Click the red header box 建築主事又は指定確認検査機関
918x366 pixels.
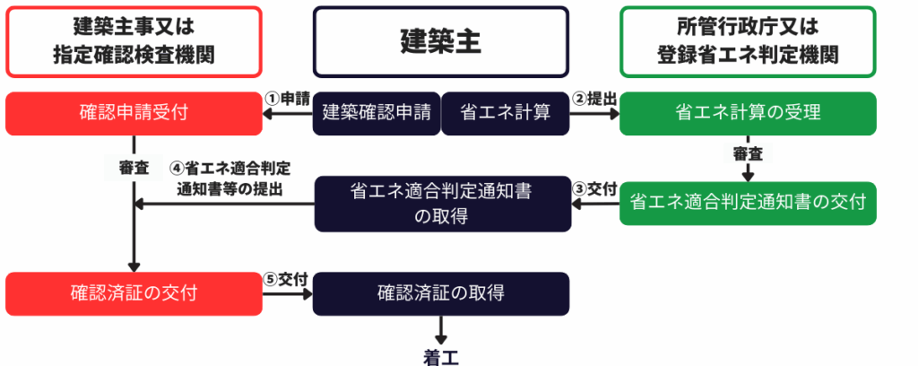tap(134, 42)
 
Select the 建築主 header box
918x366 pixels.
tap(440, 42)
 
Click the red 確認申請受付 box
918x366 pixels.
tap(134, 113)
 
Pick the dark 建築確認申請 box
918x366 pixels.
tap(377, 113)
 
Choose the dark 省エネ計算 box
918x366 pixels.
tap(506, 113)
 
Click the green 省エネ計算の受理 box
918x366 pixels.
tap(748, 113)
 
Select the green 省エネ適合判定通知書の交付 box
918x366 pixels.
tap(748, 203)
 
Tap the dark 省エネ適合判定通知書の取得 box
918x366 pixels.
tap(441, 203)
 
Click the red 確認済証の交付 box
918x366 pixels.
tap(134, 293)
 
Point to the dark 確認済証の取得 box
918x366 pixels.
tap(441, 293)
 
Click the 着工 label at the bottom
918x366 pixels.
tap(441, 356)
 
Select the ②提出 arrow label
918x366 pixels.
tap(595, 98)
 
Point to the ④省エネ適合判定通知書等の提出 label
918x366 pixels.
tap(235, 178)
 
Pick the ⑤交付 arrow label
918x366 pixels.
tap(287, 279)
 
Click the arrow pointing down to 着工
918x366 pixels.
tap(441, 327)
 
